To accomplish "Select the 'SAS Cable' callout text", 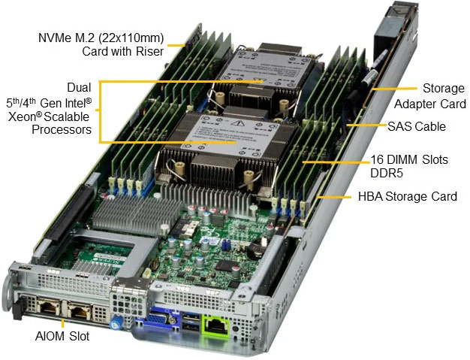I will coord(416,126).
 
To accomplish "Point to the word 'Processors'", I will coord(62,130).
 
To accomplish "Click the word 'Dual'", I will coord(78,87).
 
